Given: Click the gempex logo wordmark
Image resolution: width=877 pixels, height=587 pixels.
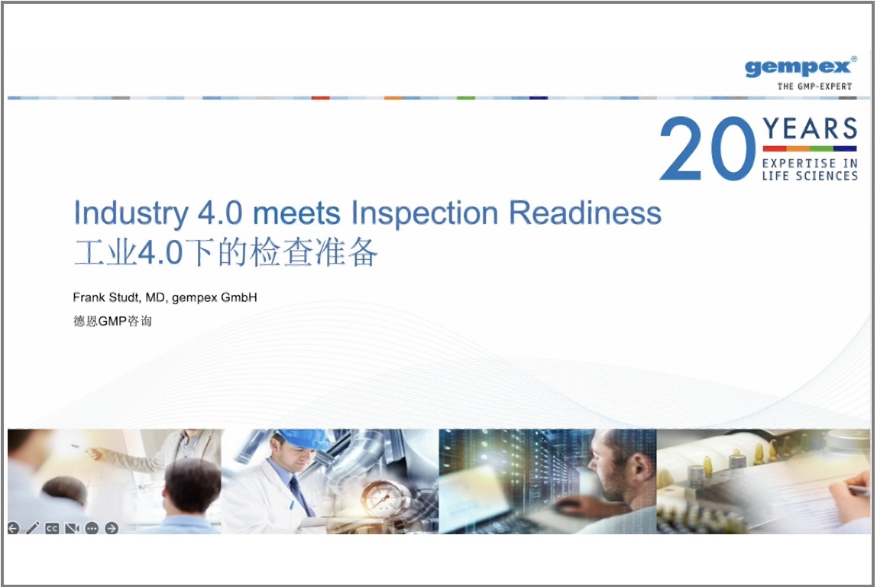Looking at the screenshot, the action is pos(799,67).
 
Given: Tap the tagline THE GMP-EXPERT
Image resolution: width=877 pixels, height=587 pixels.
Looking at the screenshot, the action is pos(814,86).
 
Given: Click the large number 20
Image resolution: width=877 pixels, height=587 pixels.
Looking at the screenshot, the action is pos(707,148).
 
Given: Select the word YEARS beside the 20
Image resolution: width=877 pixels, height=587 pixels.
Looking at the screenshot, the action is pos(810,128).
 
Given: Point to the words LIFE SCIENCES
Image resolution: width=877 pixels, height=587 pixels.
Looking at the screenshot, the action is pos(810,176).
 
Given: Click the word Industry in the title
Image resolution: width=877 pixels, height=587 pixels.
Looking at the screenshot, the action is pos(131,214).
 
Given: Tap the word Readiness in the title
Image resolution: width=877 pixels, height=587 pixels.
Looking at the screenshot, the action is pos(585,213).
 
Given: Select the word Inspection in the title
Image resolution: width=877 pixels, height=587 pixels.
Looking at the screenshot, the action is pos(425,214).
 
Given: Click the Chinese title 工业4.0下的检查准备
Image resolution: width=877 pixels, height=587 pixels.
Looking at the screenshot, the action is pos(226,252).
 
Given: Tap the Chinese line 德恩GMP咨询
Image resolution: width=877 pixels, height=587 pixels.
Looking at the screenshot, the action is pos(112,321).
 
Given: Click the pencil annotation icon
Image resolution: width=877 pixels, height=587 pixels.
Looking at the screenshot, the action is pos(32,527).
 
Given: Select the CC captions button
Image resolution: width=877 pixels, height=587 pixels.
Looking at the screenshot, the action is pos(52,528).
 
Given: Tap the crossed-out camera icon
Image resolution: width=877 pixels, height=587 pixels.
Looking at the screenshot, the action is pos(72,528).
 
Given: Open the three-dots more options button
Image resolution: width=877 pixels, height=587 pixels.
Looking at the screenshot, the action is pos(92,528).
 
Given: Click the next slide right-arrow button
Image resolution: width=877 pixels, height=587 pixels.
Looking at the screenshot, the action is pos(112,528).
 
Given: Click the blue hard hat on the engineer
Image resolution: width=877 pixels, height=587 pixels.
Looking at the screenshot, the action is pos(303,439).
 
